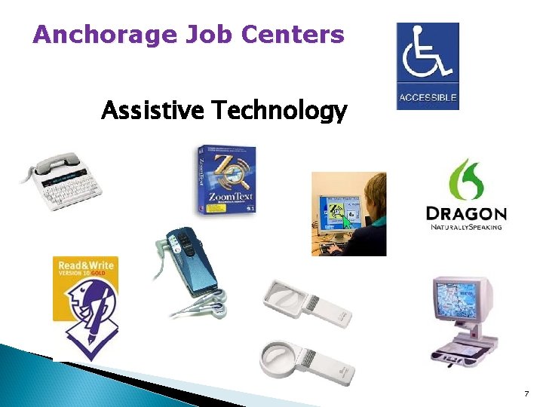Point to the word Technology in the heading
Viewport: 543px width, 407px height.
point(280,112)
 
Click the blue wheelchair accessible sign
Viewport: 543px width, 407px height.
point(427,66)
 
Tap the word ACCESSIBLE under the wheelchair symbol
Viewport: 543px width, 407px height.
point(427,98)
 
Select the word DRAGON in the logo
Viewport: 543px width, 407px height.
point(466,213)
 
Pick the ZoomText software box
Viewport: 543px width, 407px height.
point(225,179)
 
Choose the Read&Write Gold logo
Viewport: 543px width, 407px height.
point(85,301)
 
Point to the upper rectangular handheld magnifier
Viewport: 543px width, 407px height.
point(305,302)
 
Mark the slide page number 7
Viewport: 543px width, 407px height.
point(525,393)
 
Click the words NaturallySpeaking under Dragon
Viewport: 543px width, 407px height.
point(466,226)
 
